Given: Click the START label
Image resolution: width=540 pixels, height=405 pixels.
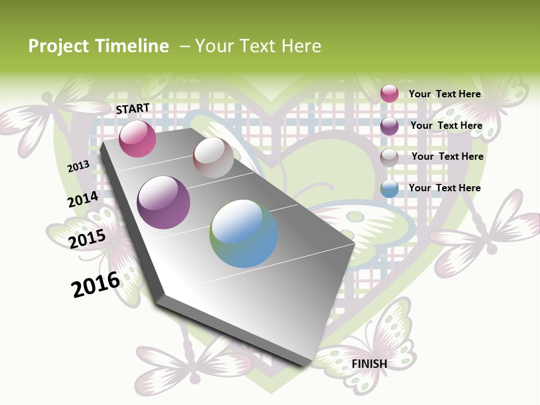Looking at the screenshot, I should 133,109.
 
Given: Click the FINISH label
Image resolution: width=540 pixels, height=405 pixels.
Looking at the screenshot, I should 370,364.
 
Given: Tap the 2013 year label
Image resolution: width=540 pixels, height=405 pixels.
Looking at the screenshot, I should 78,166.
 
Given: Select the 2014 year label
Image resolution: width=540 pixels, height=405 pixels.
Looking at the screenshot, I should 83,200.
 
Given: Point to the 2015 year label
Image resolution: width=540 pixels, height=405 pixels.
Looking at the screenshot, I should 87,239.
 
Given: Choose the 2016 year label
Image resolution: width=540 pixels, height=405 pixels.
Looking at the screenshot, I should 96,285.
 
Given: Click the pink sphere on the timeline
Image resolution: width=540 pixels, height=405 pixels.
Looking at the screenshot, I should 137,138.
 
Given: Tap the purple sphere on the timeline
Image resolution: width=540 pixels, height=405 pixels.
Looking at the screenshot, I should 163,202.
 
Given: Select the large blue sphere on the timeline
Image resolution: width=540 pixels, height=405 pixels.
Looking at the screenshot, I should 244,233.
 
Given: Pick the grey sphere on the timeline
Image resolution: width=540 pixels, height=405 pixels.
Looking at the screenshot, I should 213,157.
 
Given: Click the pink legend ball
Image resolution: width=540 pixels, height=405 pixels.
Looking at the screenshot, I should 389,93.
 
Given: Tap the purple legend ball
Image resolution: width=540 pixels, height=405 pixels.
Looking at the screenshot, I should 389,126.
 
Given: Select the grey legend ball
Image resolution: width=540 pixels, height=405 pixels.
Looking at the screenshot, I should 389,157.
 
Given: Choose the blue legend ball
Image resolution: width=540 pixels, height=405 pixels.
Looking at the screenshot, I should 389,188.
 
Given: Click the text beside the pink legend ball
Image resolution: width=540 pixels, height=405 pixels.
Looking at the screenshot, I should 444,94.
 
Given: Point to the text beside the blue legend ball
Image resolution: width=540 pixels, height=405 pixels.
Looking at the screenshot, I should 444,188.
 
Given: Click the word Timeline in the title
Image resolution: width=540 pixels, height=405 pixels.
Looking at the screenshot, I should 132,46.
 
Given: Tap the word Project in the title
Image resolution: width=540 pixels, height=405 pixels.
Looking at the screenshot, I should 58,46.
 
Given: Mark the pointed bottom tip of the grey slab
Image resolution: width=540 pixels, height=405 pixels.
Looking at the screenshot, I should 307,366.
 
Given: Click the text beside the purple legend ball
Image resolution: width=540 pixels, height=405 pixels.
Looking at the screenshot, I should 446,125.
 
